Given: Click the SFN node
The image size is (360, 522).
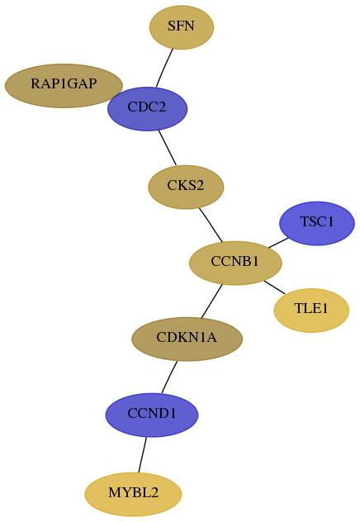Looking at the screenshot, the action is point(182,27).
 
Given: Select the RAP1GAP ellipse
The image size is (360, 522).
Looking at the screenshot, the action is point(64,86).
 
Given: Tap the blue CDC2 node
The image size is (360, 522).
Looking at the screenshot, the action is point(148,109).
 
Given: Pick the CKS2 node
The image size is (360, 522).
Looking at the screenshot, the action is point(186,187).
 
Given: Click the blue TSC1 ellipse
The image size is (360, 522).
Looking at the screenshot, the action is point(317,223).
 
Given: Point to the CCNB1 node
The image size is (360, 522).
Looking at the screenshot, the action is point(235,263).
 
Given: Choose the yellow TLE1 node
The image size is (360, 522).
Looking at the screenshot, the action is point(311,311).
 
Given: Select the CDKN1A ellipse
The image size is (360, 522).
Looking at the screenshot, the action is point(187,339).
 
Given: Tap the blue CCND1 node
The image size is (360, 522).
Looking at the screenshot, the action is point(152,415).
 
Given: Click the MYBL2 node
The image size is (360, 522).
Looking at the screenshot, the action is point(133,494).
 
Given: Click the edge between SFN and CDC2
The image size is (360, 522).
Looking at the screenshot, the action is point(164,69).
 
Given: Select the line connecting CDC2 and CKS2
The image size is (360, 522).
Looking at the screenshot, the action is point(168,148).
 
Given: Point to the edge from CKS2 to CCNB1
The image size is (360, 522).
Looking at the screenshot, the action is point(211,225).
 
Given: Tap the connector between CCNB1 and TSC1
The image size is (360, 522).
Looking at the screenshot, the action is point(278,243).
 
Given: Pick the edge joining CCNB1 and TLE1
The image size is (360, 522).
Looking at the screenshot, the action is point(274,287).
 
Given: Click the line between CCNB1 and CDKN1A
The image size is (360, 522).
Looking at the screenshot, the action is point(211,301).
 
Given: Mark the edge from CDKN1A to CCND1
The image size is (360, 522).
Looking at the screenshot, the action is point(169,377).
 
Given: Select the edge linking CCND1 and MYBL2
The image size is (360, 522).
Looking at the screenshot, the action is point(142,455).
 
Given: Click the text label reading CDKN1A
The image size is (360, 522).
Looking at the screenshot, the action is point(187,338).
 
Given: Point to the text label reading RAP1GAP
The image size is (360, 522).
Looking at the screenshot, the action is point(64,84).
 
